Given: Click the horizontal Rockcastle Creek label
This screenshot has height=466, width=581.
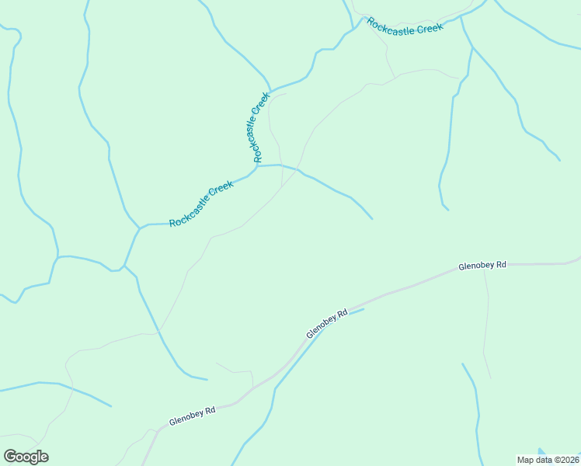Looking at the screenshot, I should [x=405, y=26].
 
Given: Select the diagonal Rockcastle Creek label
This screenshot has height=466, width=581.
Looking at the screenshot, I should [x=201, y=203].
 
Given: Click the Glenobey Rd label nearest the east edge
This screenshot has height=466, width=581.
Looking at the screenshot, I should [x=482, y=266].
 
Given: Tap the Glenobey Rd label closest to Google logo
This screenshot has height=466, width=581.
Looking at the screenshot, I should [x=192, y=417].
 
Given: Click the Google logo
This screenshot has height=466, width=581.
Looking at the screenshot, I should [x=26, y=457].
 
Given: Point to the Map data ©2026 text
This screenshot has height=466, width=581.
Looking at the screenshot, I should [x=548, y=459].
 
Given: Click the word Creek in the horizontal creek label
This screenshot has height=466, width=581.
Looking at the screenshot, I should [x=429, y=29].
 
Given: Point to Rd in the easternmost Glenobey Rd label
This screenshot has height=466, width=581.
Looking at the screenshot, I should [x=500, y=265].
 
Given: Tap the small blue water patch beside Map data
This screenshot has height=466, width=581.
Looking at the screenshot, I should [x=541, y=451].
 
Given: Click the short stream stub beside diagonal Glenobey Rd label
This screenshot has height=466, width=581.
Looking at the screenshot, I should [x=353, y=311].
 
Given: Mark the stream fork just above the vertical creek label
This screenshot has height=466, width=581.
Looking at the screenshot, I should [x=268, y=88].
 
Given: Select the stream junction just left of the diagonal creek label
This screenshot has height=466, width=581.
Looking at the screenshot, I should [x=140, y=228].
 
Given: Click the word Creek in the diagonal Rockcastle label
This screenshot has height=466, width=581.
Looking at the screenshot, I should [x=220, y=192].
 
